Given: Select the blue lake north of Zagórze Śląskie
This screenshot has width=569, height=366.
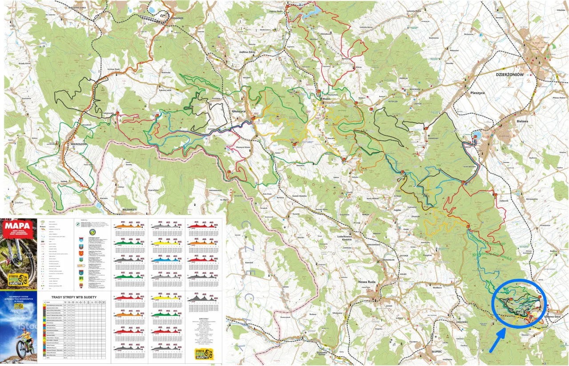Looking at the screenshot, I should tap(311, 12).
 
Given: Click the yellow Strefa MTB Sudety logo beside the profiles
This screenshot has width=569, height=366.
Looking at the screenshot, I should tap(204, 354).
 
